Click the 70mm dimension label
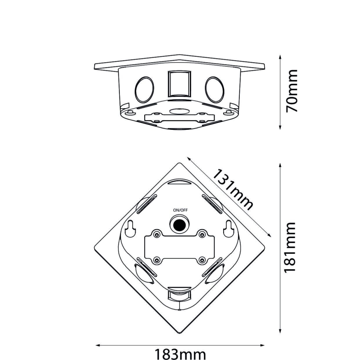(x=293, y=91)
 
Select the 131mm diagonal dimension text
(x=233, y=190)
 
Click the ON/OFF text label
(x=180, y=210)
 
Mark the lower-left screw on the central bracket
(x=157, y=260)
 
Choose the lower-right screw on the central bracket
(x=202, y=260)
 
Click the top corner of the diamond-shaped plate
(x=180, y=163)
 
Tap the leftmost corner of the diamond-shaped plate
(x=95, y=249)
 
